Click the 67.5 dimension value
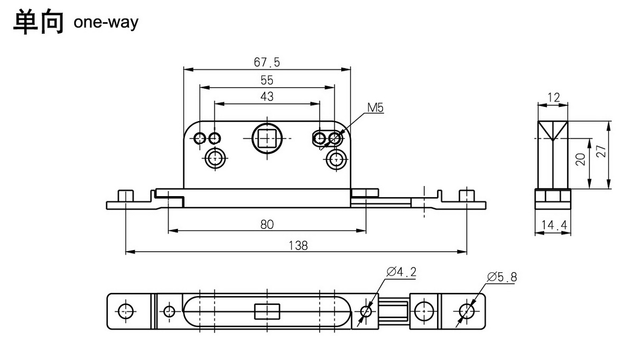pyautogui.click(x=267, y=62)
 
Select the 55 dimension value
pyautogui.click(x=267, y=80)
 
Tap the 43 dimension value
pyautogui.click(x=267, y=96)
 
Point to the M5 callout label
pyautogui.click(x=375, y=108)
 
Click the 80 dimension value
pyautogui.click(x=267, y=224)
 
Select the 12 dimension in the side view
pyautogui.click(x=553, y=97)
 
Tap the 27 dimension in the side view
pyautogui.click(x=601, y=152)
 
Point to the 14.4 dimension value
pyautogui.click(x=553, y=226)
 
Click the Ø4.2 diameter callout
pyautogui.click(x=402, y=272)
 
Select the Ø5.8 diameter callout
pyautogui.click(x=503, y=276)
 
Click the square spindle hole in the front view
pyautogui.click(x=267, y=138)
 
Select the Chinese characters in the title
pyautogui.click(x=38, y=22)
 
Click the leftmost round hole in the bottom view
pyautogui.click(x=125, y=311)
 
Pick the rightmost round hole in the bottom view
pyautogui.click(x=467, y=311)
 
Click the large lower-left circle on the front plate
pyautogui.click(x=215, y=158)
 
